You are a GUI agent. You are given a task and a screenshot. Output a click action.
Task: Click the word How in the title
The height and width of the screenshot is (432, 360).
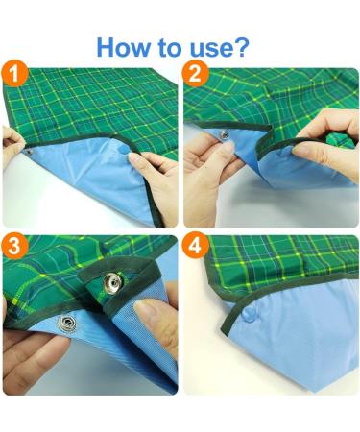123,47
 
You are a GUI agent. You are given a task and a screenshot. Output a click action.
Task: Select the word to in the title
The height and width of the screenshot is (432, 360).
170,48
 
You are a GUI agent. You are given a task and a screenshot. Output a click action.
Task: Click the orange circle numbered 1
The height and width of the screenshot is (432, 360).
14,73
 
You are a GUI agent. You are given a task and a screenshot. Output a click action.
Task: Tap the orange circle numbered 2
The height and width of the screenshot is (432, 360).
196,73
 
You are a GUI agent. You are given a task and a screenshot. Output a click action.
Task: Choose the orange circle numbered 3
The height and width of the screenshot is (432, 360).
14,246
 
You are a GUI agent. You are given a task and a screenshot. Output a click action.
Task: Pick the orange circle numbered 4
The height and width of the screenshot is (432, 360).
196,246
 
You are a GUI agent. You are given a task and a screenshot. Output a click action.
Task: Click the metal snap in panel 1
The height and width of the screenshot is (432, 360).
29,152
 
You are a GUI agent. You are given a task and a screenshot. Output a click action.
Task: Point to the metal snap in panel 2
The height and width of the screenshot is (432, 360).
226,135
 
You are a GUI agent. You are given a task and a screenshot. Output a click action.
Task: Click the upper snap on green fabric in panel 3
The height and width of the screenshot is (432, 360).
112,283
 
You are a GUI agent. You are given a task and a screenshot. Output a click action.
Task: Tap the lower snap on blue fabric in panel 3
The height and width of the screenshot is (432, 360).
67,324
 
